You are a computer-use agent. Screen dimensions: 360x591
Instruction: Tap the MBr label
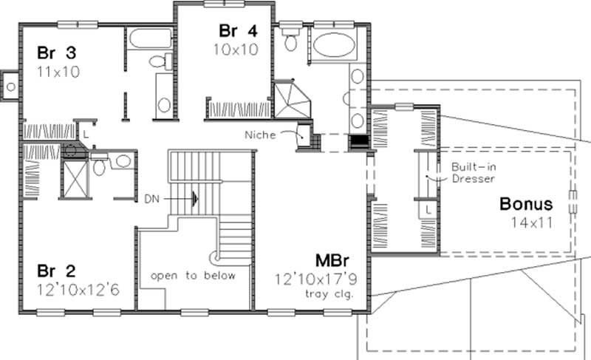click(331, 261)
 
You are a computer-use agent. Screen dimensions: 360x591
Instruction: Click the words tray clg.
click(330, 294)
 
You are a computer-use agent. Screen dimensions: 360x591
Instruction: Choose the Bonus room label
click(526, 203)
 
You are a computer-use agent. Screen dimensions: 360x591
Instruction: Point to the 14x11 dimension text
click(532, 221)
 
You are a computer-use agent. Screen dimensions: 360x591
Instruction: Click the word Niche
click(263, 135)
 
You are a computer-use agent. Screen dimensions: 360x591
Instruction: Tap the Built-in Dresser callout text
click(472, 172)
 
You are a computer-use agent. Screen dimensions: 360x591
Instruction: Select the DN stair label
click(151, 198)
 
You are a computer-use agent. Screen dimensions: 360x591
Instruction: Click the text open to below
click(193, 276)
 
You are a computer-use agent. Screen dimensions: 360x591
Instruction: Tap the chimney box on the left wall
click(10, 86)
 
